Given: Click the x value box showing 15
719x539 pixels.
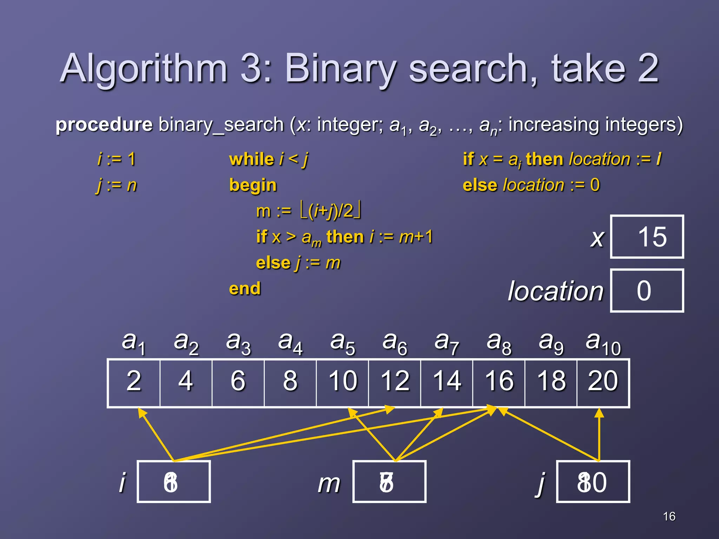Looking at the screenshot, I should point(647,237).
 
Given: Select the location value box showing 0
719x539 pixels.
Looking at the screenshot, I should point(647,291).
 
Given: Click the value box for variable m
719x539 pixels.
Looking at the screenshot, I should point(389,482).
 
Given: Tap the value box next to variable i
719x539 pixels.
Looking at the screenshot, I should point(174,482).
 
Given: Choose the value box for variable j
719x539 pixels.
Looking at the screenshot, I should point(593,482).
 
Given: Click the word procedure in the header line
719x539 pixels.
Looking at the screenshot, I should point(104,125).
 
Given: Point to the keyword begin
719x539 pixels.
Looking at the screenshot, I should point(253,185).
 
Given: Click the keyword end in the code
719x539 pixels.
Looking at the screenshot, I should point(245,289).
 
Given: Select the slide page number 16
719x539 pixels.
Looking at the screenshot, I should point(669,516).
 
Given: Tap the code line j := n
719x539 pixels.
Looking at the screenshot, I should point(116,185).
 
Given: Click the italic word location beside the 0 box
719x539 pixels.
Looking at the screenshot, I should point(555,291).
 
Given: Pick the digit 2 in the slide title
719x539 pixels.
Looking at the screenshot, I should point(648,68).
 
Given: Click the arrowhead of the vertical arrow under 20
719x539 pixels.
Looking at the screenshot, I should point(599,413).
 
